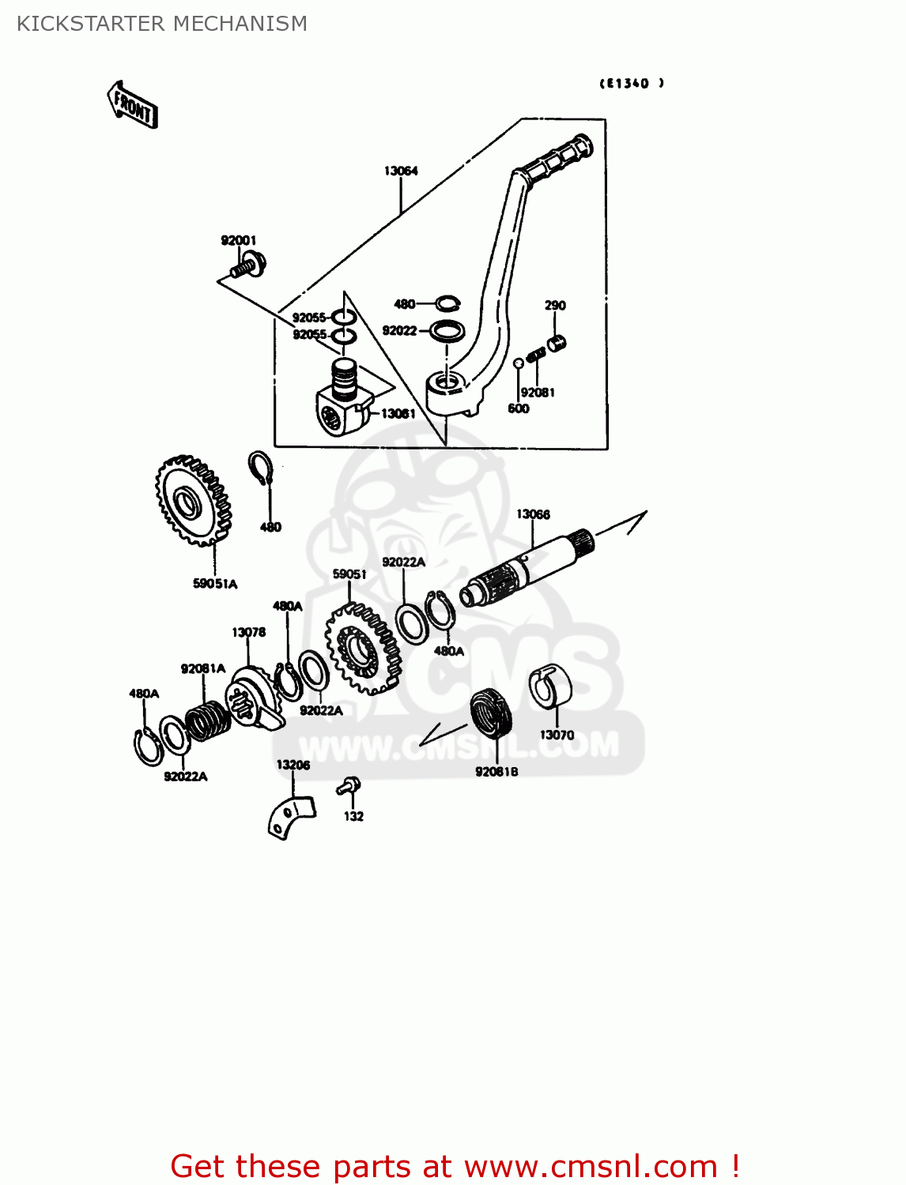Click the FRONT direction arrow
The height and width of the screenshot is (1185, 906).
pyautogui.click(x=132, y=104)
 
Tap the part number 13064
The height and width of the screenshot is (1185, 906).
pyautogui.click(x=401, y=171)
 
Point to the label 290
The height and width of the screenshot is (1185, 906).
pyautogui.click(x=555, y=305)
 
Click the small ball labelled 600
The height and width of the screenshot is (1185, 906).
pyautogui.click(x=519, y=363)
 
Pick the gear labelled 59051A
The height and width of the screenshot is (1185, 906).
pyautogui.click(x=193, y=501)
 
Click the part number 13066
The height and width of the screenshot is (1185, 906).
pyautogui.click(x=533, y=514)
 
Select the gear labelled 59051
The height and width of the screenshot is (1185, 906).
pyautogui.click(x=362, y=649)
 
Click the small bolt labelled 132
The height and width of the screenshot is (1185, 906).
pyautogui.click(x=349, y=785)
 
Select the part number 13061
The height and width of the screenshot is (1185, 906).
pyautogui.click(x=398, y=413)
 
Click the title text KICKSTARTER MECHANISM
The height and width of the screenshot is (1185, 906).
pyautogui.click(x=162, y=24)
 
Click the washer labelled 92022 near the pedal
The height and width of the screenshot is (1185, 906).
pyautogui.click(x=447, y=330)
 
